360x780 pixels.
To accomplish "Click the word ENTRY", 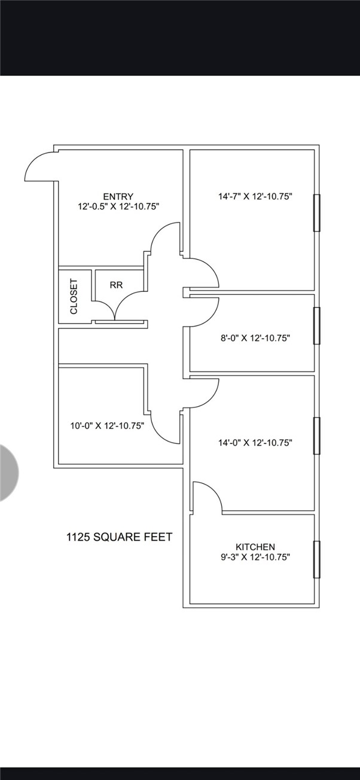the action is [118, 196].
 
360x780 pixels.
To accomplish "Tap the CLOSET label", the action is [74, 296].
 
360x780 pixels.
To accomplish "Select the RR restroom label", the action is [116, 285].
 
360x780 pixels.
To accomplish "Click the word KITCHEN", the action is [255, 547].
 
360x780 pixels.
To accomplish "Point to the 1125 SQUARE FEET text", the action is [120, 537].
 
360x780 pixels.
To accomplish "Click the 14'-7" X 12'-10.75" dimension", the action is [255, 196].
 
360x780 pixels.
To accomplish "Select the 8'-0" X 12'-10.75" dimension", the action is [255, 338].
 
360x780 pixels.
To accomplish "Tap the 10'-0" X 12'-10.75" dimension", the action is [107, 425].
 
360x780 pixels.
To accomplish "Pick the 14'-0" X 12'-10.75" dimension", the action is [255, 443].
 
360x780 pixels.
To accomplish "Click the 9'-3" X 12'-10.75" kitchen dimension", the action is [255, 557].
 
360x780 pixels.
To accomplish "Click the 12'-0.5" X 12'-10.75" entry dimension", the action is [118, 206].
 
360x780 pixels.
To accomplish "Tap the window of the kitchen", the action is [316, 559].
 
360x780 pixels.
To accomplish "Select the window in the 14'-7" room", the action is [316, 213].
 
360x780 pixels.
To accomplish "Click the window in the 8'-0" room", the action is [316, 326].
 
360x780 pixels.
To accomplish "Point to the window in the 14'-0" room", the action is [316, 435].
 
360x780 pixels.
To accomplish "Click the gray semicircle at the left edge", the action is [9, 473].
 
